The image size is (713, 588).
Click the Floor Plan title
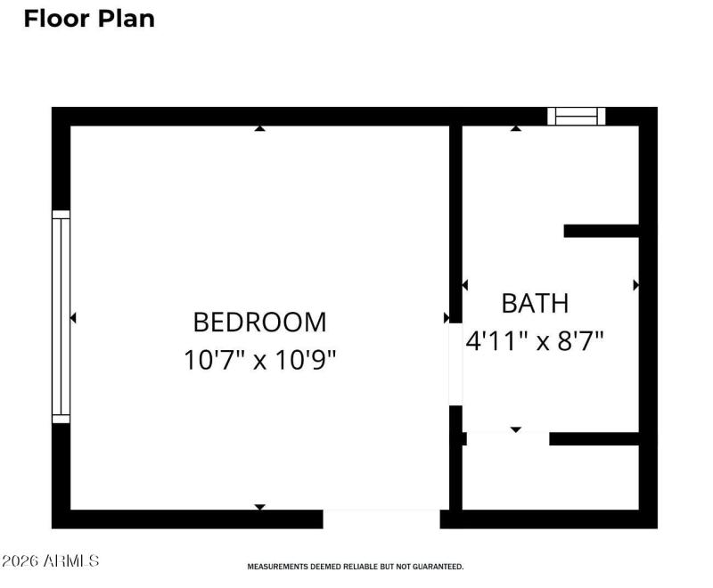89,18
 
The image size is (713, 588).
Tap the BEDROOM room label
259,322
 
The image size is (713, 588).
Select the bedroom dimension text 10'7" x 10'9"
259,360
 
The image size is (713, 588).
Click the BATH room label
535,303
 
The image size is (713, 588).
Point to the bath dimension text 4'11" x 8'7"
535,340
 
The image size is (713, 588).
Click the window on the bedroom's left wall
61,316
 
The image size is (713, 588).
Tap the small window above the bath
576,116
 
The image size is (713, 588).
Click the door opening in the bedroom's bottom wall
381,519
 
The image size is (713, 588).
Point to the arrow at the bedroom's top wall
259,129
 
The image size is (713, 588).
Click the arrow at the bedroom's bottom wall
259,507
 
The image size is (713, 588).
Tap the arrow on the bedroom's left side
73,317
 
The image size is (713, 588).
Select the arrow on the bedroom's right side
446,317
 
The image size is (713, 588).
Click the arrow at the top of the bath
515,129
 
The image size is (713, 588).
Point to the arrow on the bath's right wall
635,285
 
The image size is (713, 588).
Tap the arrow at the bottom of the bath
515,429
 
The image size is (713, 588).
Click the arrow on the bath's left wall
465,285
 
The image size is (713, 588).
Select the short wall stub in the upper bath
602,231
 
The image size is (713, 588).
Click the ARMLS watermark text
51,561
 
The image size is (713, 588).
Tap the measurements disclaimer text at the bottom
355,567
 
